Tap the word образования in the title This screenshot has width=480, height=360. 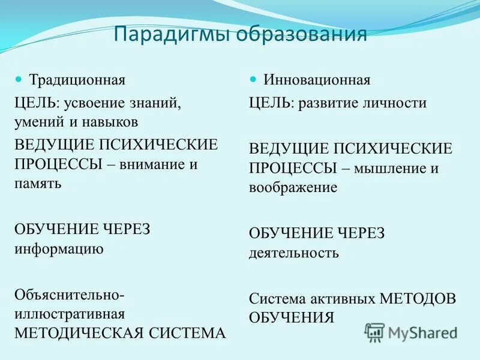(x=301, y=34)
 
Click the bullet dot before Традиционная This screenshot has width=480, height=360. (x=19, y=79)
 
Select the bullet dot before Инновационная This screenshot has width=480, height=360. (x=253, y=79)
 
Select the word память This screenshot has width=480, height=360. (x=38, y=183)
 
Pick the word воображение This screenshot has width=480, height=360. (x=293, y=187)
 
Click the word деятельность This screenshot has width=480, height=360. (x=294, y=253)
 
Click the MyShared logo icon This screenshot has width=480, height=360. (x=375, y=332)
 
